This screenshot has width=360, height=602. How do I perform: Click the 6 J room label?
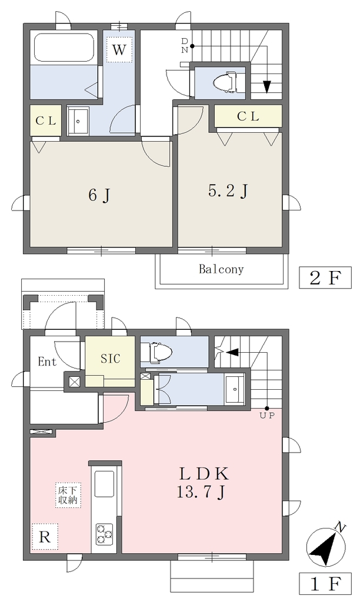click(99, 195)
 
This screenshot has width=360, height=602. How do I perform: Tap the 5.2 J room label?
click(228, 191)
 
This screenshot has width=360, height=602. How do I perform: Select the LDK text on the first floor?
click(204, 474)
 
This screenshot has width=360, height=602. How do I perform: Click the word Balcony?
click(221, 269)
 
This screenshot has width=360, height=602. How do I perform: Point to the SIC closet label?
click(110, 359)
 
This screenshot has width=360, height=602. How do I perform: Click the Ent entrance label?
click(47, 362)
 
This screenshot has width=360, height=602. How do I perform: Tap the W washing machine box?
click(119, 49)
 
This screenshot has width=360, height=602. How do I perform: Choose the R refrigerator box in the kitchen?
click(45, 537)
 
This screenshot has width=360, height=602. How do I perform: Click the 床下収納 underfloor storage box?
click(68, 495)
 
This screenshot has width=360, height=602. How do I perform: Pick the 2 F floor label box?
click(325, 277)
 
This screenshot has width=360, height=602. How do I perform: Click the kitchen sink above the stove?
click(104, 484)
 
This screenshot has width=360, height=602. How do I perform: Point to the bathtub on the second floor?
click(65, 48)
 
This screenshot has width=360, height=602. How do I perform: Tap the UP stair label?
click(268, 416)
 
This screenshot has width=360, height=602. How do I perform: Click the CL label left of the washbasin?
click(46, 121)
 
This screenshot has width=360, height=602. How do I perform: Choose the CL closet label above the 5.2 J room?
click(248, 116)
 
